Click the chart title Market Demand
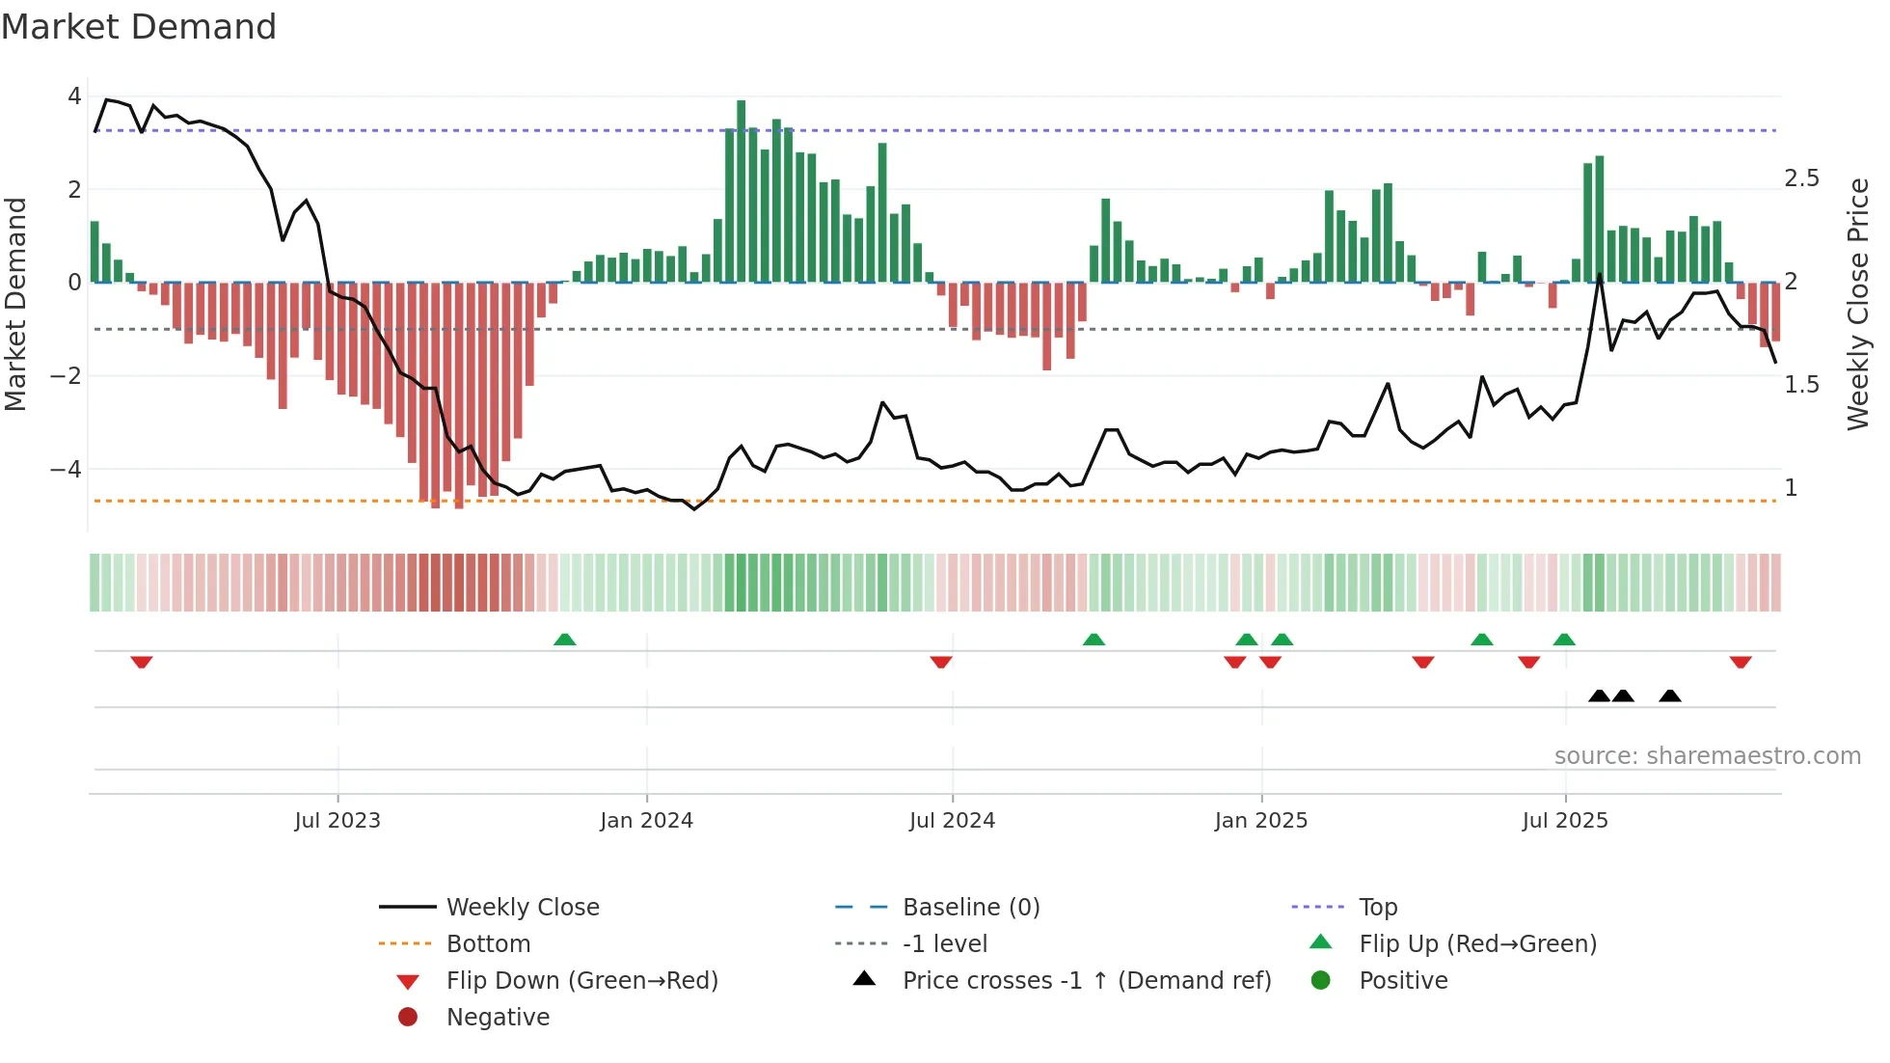pos(139,27)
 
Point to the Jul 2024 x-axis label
pos(952,821)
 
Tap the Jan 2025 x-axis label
pos(1260,821)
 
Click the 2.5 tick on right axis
pos(1801,178)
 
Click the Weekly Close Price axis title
pos(1857,304)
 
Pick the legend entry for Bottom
pos(488,943)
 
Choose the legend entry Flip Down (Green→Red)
pos(581,980)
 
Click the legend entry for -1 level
pos(944,943)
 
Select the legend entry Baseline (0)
pos(970,907)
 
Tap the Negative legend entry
pos(498,1017)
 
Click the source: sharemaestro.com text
pos(1707,755)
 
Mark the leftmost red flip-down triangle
pos(142,662)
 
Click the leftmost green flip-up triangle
pos(565,640)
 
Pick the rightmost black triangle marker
pos(1670,695)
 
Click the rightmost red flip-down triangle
pos(1741,662)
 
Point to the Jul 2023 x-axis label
pos(337,821)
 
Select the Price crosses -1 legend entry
pos(1086,980)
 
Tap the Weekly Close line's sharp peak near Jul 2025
pos(1600,275)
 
